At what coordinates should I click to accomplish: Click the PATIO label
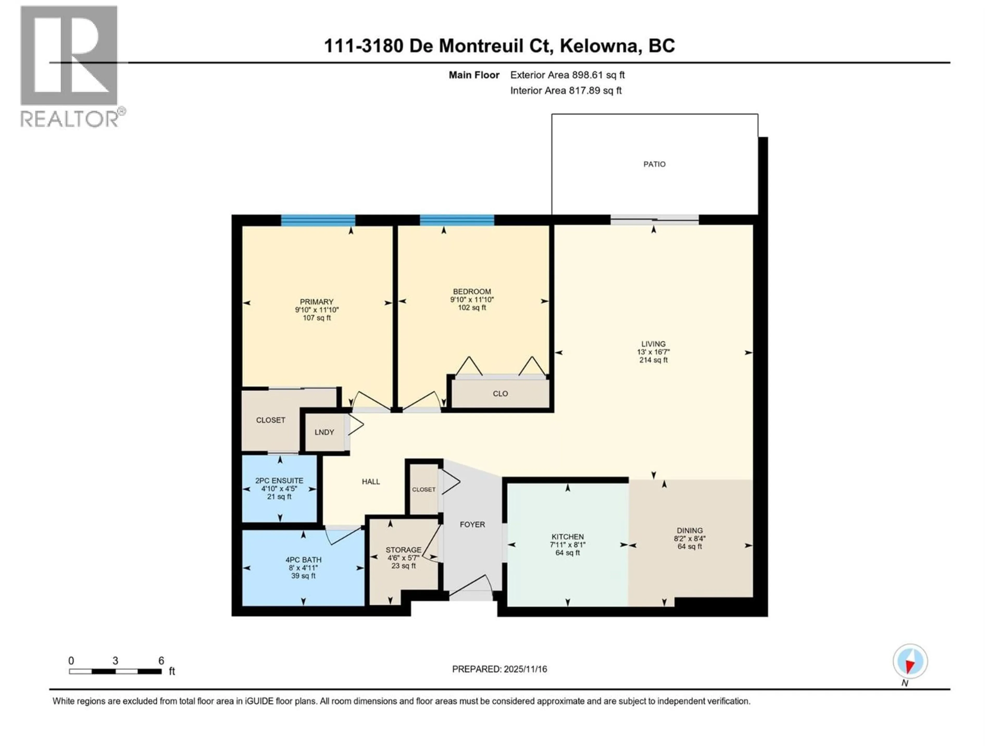[654, 164]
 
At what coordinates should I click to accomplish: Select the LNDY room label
[324, 432]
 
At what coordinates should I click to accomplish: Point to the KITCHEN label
[567, 537]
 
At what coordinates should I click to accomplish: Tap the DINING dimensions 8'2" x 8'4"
[689, 539]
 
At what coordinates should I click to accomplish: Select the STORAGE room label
[403, 550]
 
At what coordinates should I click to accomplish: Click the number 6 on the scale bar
[161, 660]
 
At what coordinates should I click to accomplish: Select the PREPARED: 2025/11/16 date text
[499, 669]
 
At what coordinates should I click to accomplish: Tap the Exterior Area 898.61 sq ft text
[567, 75]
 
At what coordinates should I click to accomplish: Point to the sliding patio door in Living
[654, 220]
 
